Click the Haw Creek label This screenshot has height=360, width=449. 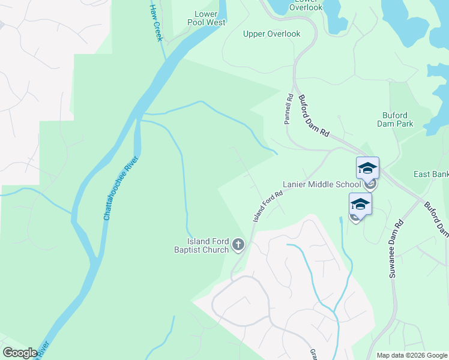156,22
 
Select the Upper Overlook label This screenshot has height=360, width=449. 271,34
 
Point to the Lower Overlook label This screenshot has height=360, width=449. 306,7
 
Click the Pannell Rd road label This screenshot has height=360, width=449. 289,109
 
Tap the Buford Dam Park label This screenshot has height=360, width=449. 395,119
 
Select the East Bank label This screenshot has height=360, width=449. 432,174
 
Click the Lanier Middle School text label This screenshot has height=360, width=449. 322,185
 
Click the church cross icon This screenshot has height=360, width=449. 238,244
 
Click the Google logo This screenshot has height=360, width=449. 20,353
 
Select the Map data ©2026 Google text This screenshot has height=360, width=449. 411,355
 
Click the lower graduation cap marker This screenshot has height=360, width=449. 360,206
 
